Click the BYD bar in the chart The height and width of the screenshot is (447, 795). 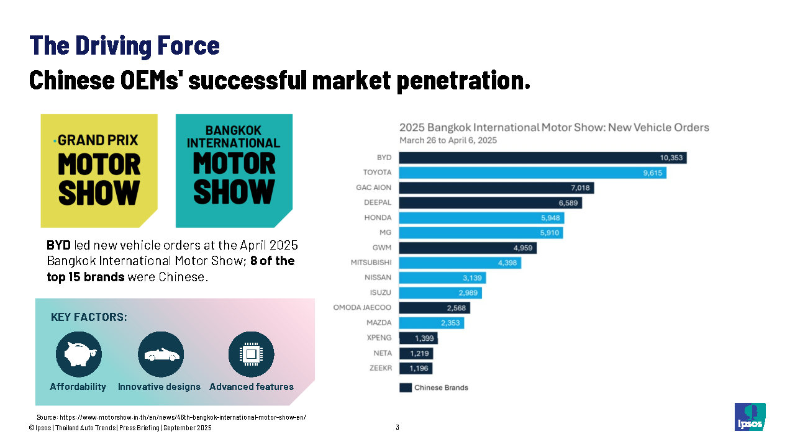(x=542, y=158)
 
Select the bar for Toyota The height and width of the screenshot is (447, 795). (x=532, y=173)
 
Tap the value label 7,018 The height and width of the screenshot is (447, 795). (x=580, y=187)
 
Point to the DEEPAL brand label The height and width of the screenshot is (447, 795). (x=378, y=202)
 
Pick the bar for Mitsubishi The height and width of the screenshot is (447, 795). (x=460, y=263)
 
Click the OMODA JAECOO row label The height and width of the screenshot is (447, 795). (x=363, y=308)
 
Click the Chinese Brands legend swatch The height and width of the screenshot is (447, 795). (x=405, y=387)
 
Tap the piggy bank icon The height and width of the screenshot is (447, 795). (x=78, y=354)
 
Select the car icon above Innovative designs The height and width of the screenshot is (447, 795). (x=160, y=354)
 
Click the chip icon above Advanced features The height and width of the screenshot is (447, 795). (x=251, y=354)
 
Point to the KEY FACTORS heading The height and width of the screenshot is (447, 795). (x=89, y=317)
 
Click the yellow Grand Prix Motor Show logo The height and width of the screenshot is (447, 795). (x=99, y=170)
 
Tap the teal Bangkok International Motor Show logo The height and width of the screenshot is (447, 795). (x=234, y=170)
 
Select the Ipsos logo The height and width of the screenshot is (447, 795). (x=750, y=417)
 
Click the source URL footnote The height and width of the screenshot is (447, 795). (x=171, y=417)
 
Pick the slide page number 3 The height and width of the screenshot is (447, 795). (x=397, y=427)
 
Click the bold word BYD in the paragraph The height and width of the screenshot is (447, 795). (x=58, y=245)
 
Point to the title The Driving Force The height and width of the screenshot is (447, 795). (x=124, y=45)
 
